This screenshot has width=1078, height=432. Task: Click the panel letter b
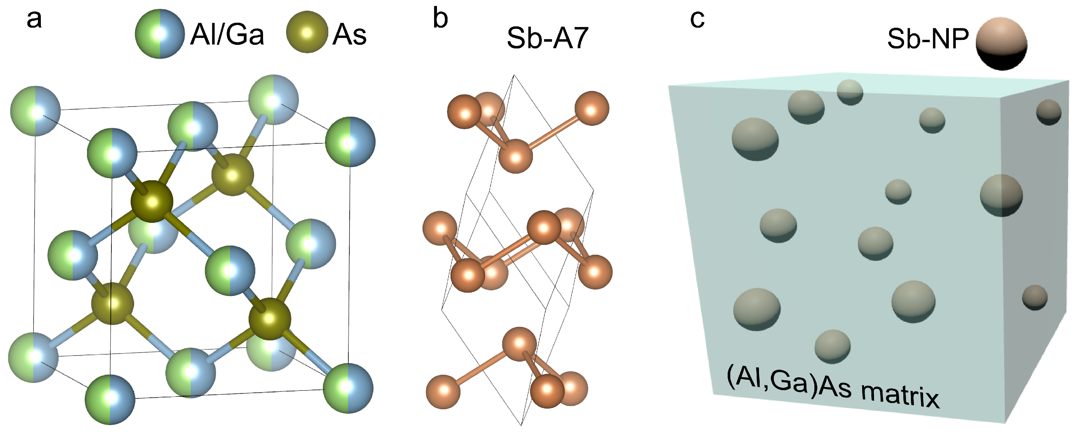pyautogui.click(x=440, y=19)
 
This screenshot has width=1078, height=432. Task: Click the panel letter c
pyautogui.click(x=697, y=19)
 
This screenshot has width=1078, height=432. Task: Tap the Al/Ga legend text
pyautogui.click(x=227, y=34)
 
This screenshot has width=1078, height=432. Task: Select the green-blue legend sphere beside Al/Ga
pyautogui.click(x=160, y=34)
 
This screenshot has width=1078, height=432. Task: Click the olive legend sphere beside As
pyautogui.click(x=307, y=32)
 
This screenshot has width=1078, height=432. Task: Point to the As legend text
pyautogui.click(x=349, y=34)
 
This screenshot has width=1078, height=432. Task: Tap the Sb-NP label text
pyautogui.click(x=928, y=39)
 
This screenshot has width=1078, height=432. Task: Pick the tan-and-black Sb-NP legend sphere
pyautogui.click(x=1002, y=43)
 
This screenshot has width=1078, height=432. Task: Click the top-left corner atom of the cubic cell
pyautogui.click(x=36, y=111)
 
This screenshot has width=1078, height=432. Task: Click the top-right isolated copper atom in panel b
pyautogui.click(x=591, y=108)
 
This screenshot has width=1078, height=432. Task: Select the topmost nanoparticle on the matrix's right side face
pyautogui.click(x=1049, y=112)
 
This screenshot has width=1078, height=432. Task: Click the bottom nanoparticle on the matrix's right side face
pyautogui.click(x=1034, y=297)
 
